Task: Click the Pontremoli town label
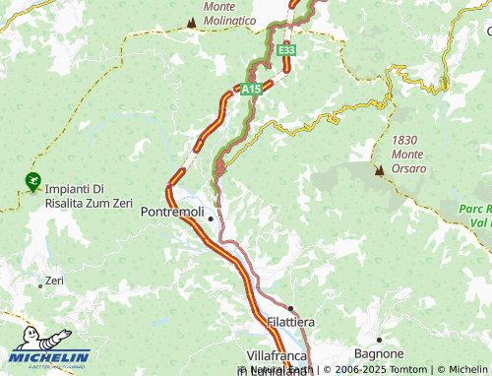click(172, 213)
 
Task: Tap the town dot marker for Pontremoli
click(210, 218)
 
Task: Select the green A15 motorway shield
click(252, 90)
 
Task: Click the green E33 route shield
click(286, 49)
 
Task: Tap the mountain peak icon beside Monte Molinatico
click(191, 21)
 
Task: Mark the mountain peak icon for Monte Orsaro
click(379, 169)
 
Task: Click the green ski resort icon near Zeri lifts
click(32, 181)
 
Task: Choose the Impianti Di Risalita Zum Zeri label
click(88, 197)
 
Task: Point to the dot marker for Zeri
click(40, 285)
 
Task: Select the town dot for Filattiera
click(290, 308)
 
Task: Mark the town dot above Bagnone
click(379, 340)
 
